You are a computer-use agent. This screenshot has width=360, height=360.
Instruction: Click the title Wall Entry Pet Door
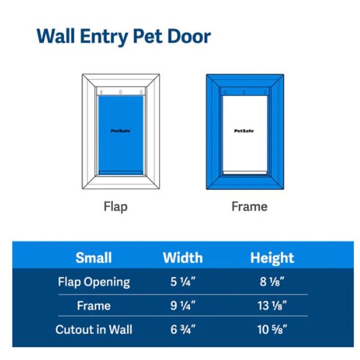(x=124, y=35)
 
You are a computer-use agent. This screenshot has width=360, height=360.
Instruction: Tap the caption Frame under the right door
(x=249, y=206)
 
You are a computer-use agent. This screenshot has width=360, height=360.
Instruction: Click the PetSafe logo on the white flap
(x=243, y=131)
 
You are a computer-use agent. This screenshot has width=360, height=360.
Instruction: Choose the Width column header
(x=182, y=258)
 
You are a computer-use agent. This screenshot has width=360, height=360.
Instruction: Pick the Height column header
(x=272, y=258)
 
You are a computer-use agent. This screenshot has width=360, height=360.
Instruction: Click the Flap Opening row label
(x=94, y=282)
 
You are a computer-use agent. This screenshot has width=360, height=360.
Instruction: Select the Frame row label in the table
(x=94, y=306)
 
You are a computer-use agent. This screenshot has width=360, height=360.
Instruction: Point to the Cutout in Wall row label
(x=94, y=330)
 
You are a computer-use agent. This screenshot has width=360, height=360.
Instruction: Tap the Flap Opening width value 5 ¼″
(x=182, y=282)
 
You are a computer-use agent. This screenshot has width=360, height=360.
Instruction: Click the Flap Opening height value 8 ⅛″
(x=272, y=282)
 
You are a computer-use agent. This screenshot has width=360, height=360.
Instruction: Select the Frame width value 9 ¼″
(x=182, y=306)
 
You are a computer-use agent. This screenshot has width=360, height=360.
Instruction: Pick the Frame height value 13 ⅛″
(x=272, y=306)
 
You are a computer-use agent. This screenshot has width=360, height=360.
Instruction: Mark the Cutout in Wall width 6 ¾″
(x=182, y=330)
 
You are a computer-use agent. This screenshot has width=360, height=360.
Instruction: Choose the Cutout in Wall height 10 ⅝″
(x=272, y=330)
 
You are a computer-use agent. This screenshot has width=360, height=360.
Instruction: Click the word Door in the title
(x=187, y=35)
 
